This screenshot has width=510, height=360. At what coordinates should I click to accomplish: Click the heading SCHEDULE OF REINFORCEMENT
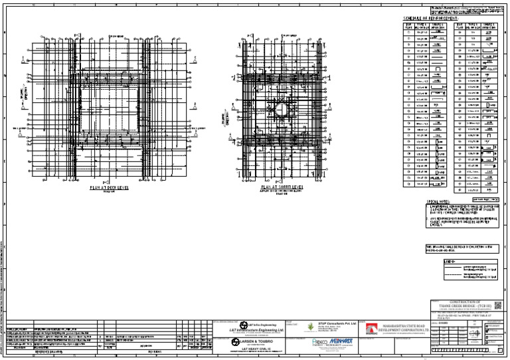point(431,18)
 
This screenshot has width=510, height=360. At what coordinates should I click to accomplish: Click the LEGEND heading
point(430,261)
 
